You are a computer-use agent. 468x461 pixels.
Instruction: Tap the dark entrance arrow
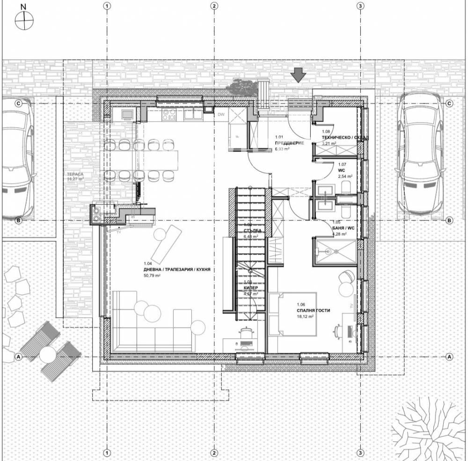298,74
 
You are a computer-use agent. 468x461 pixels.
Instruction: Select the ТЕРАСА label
75,173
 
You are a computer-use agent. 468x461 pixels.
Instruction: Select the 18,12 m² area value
305,316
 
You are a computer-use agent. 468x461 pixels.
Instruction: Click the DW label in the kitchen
221,114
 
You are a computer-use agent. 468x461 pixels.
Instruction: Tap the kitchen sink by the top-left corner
127,114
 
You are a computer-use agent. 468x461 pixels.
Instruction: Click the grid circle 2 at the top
214,7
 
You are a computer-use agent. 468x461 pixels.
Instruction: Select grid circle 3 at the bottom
360,453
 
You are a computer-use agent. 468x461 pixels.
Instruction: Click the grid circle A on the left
19,356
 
